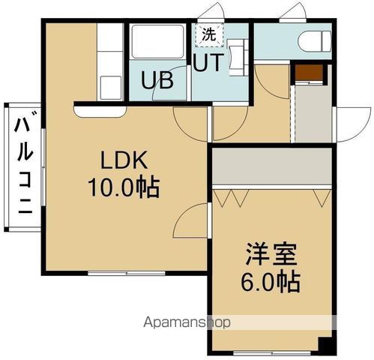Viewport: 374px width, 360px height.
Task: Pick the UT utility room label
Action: click(x=208, y=63)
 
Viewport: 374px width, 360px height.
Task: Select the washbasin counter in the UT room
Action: click(x=238, y=58)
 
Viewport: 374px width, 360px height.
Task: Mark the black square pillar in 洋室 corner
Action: click(x=324, y=345)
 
